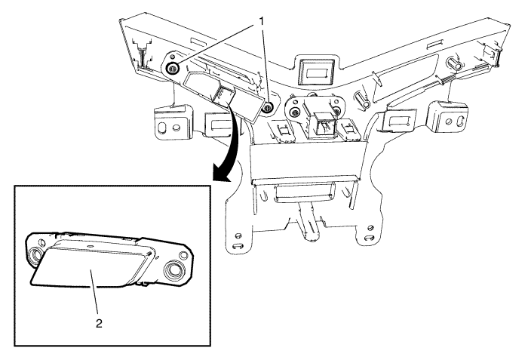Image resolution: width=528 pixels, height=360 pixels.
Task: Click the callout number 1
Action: point(261,21)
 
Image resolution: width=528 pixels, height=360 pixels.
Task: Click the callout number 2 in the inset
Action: point(99,324)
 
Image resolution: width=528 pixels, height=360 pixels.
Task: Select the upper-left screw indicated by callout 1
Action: point(173,68)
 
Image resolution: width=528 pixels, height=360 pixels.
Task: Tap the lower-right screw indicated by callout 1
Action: point(268,108)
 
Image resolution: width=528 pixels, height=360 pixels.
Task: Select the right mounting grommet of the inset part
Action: point(174,270)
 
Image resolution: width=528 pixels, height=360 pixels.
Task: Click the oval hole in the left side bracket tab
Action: point(162,128)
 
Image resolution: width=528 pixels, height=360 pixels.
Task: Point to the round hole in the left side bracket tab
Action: point(176,128)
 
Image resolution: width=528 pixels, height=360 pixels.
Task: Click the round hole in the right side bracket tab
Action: point(449,121)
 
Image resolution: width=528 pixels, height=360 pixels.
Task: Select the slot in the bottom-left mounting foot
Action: point(239,245)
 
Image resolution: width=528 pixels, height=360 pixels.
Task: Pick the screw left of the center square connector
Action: point(296,112)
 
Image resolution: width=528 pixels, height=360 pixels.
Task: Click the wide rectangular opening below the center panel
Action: point(305,192)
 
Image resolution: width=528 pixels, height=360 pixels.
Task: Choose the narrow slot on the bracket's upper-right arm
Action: point(434,45)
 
